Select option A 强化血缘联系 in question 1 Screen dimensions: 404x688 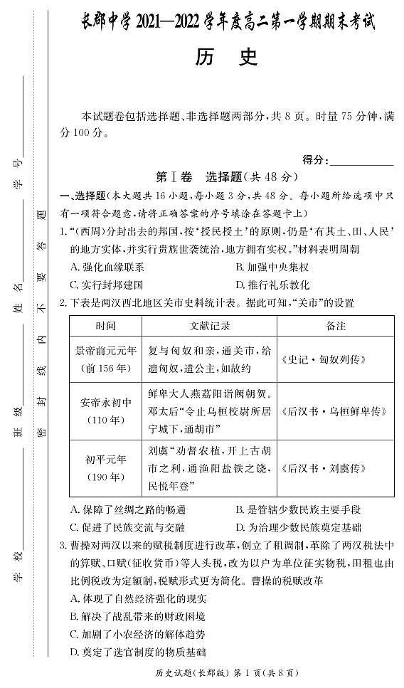pos(107,268)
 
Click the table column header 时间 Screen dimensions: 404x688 pos(105,326)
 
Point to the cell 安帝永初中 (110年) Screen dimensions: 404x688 pos(105,411)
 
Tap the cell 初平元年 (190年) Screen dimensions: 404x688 pos(105,468)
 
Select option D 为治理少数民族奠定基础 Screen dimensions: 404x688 pos(298,527)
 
